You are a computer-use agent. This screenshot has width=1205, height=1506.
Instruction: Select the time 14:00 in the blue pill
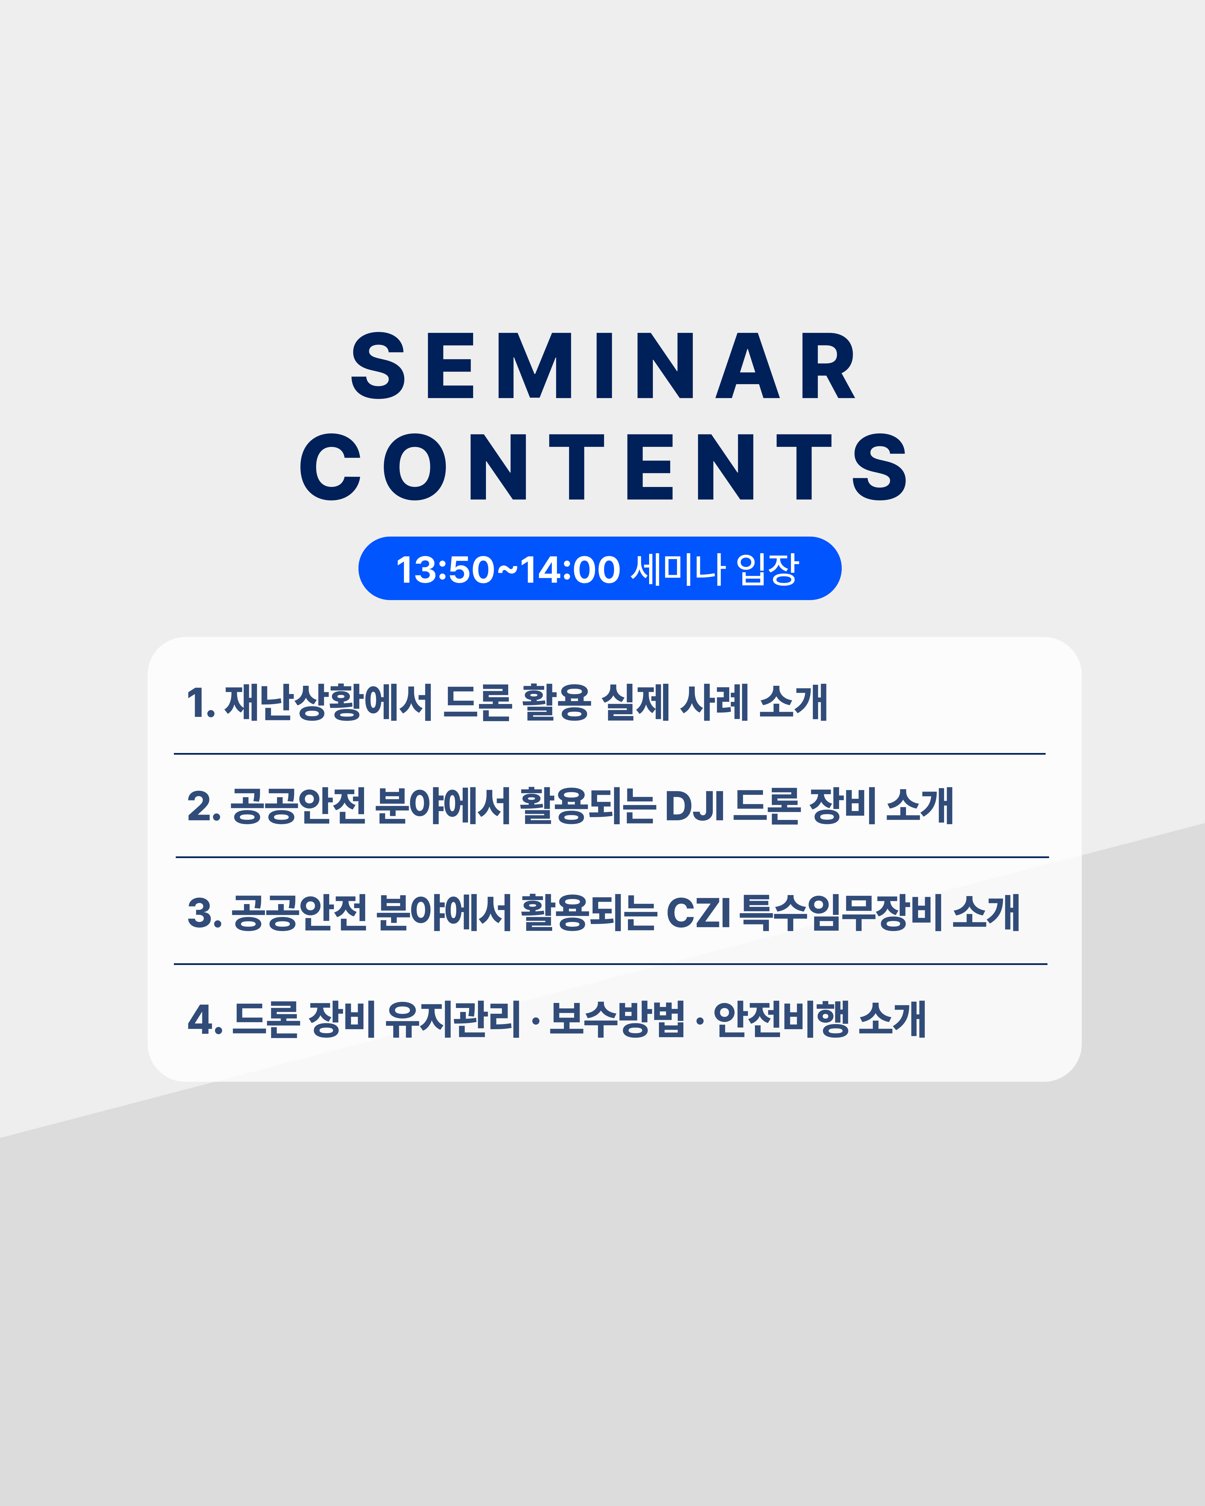tap(570, 569)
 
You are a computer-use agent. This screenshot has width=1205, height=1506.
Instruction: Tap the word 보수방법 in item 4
tap(618, 1019)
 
